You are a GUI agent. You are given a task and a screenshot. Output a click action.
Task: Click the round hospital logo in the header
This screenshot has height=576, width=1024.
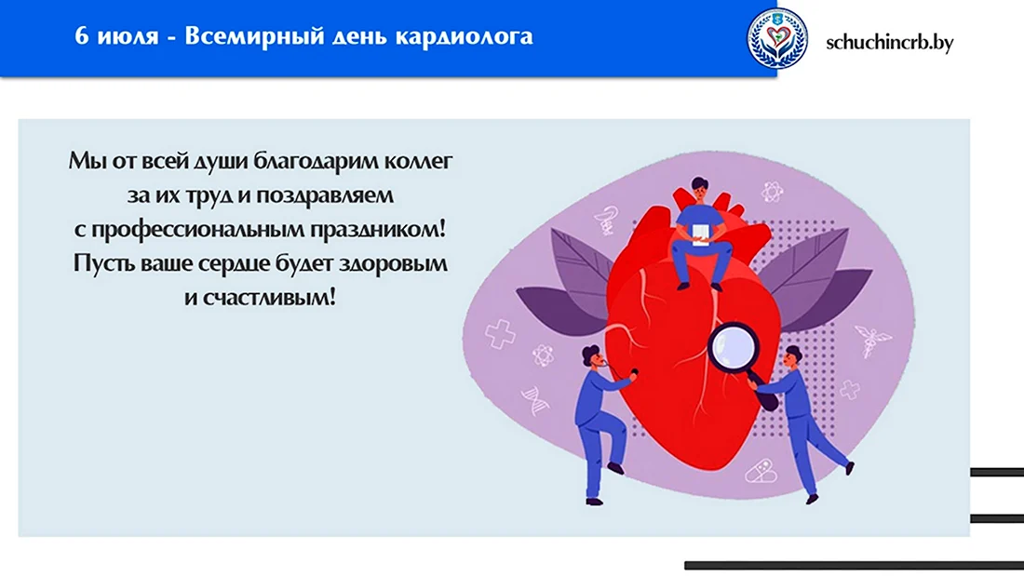pos(777,38)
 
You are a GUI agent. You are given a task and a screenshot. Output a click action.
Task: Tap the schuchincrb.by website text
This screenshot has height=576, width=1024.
pos(889,43)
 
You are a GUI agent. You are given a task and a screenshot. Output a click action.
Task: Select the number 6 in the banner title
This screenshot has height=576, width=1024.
pos(81,35)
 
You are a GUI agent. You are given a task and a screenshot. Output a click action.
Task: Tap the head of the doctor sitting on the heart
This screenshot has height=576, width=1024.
pos(699,190)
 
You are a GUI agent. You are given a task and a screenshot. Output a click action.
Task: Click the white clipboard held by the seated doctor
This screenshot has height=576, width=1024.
pos(700,234)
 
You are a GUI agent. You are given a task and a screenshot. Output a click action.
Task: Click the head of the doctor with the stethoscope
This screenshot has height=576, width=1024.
pos(591,356)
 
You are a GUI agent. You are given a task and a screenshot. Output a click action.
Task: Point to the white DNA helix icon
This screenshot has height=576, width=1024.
pos(535,400)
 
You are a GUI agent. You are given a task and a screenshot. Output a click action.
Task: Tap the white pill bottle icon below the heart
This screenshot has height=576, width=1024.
pos(761,470)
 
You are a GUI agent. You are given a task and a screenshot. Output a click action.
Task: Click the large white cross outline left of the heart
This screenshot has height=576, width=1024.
pos(500,334)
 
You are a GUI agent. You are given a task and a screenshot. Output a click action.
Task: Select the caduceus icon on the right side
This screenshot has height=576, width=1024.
pos(872,340)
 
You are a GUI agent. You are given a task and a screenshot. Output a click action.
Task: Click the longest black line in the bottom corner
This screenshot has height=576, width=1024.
pos(855,566)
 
